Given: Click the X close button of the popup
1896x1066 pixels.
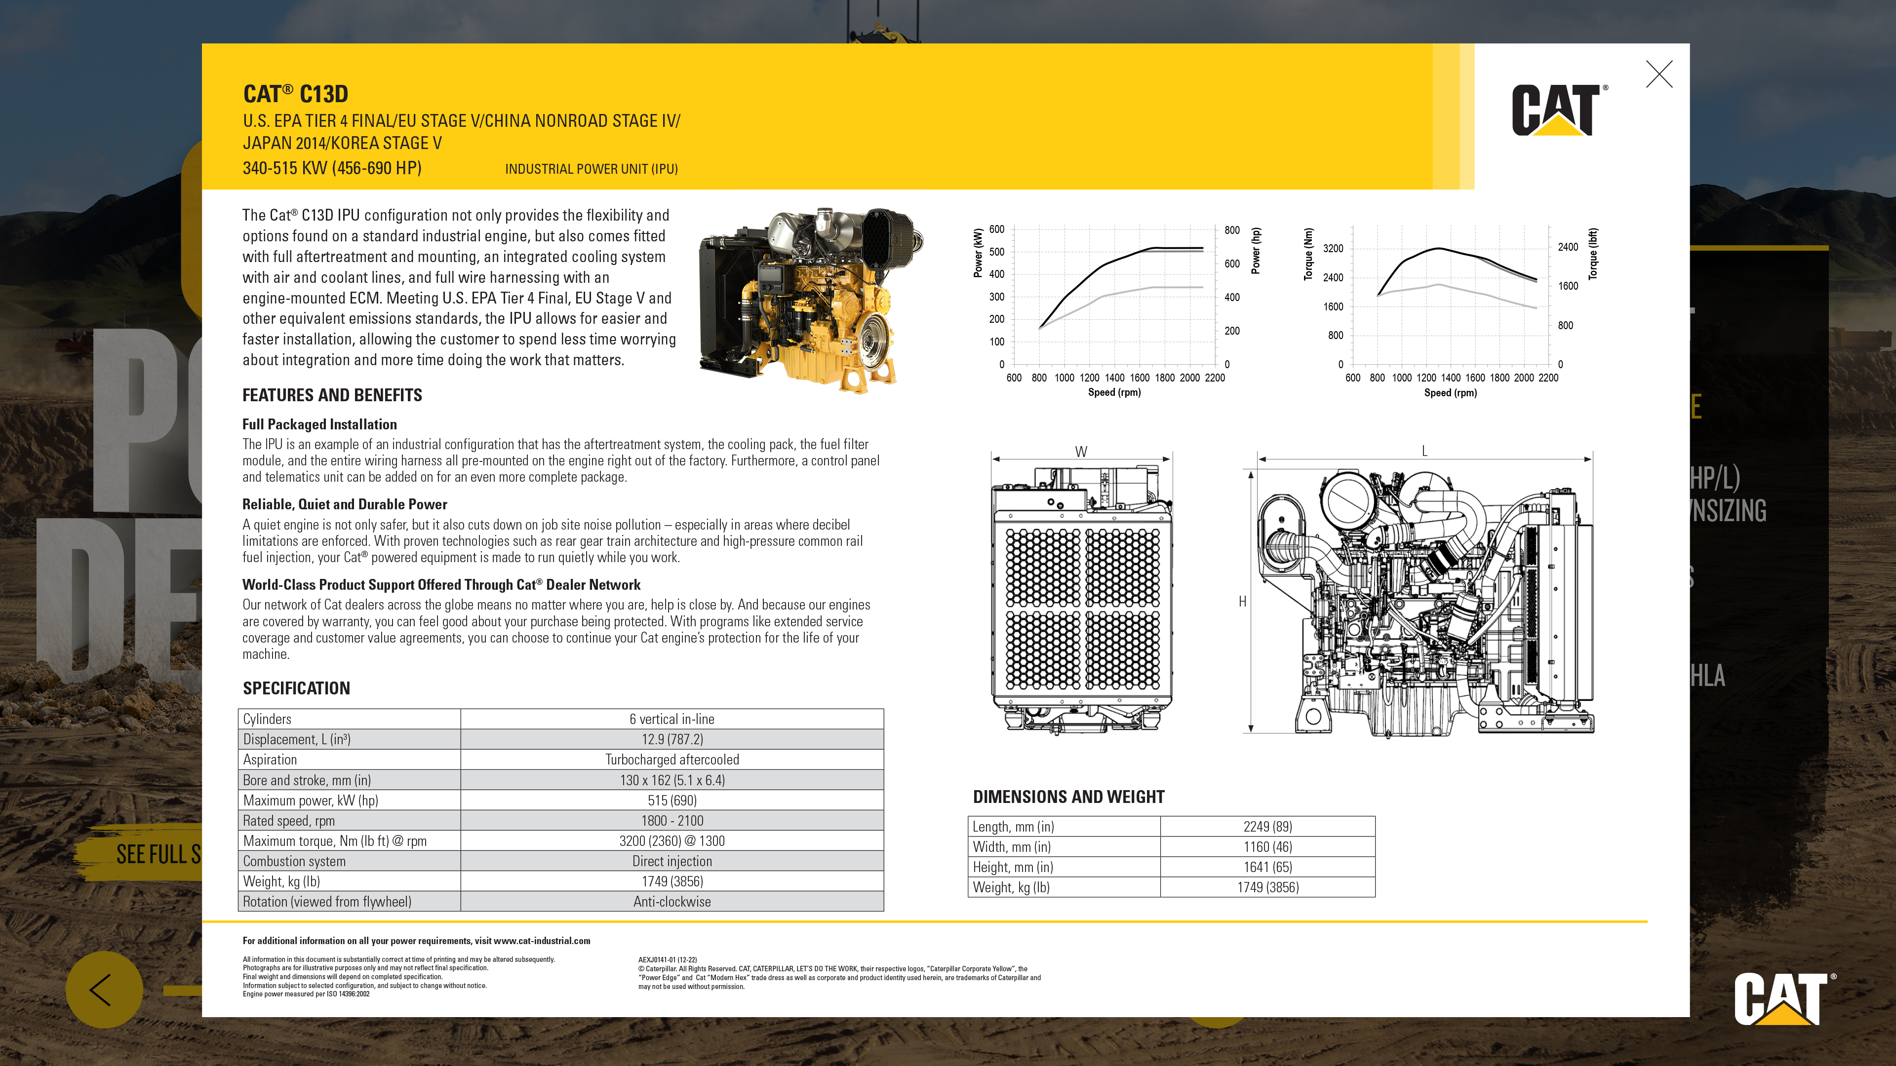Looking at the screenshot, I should pyautogui.click(x=1659, y=75).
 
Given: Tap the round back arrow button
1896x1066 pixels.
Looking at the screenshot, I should pyautogui.click(x=104, y=990).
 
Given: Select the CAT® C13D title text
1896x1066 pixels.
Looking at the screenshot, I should pyautogui.click(x=295, y=94).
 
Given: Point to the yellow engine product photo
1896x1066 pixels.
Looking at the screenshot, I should pyautogui.click(x=810, y=298).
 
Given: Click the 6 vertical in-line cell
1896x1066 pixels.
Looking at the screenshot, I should pyautogui.click(x=671, y=719).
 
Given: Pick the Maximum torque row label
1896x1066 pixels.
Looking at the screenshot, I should pyautogui.click(x=335, y=841).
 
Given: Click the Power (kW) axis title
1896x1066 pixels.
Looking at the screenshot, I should pyautogui.click(x=978, y=253).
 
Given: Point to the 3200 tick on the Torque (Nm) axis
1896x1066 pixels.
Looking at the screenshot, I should pyautogui.click(x=1333, y=249).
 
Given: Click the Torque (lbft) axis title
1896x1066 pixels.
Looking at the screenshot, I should pyautogui.click(x=1593, y=254).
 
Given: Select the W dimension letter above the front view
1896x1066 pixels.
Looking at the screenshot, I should pyautogui.click(x=1080, y=452).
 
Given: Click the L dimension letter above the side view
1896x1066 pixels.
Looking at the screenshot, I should pyautogui.click(x=1424, y=451).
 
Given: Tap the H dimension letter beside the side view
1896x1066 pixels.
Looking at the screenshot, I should pyautogui.click(x=1242, y=602).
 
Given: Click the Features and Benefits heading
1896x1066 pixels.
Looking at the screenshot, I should pyautogui.click(x=332, y=395).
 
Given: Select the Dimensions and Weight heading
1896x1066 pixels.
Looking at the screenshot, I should pyautogui.click(x=1068, y=797).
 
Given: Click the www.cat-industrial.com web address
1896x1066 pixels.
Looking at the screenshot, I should pyautogui.click(x=542, y=941).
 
